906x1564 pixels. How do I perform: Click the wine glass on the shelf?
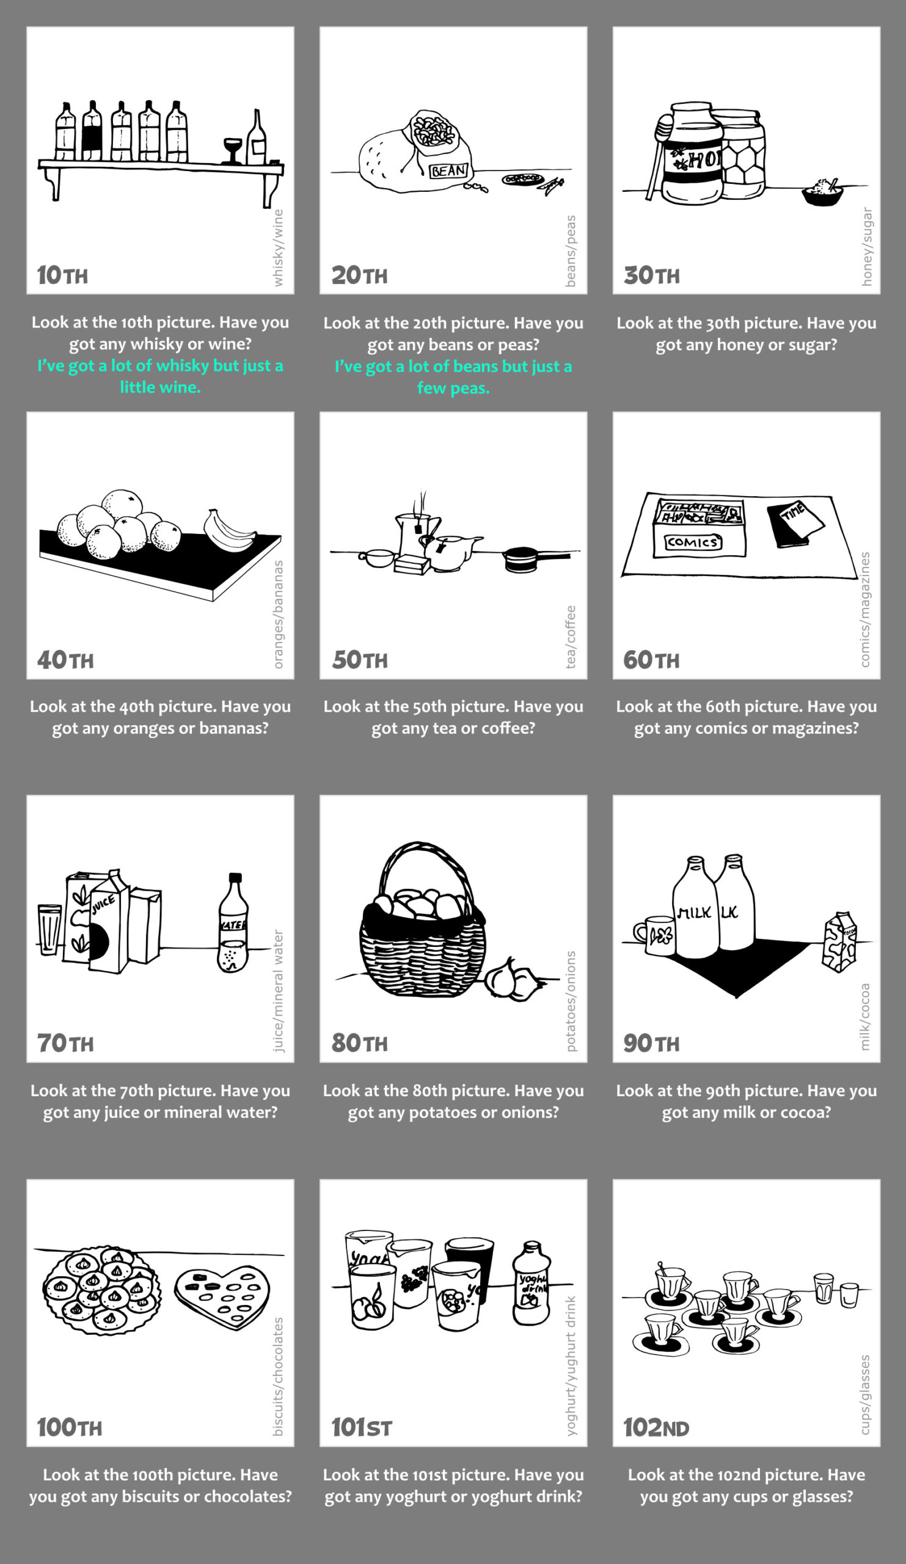[x=233, y=151]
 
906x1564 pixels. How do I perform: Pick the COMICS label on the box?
[x=694, y=542]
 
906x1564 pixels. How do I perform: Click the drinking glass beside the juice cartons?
[x=49, y=929]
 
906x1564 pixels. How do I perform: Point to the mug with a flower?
[x=654, y=935]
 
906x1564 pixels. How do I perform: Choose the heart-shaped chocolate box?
[x=222, y=1297]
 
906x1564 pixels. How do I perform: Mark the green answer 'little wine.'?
[x=160, y=387]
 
